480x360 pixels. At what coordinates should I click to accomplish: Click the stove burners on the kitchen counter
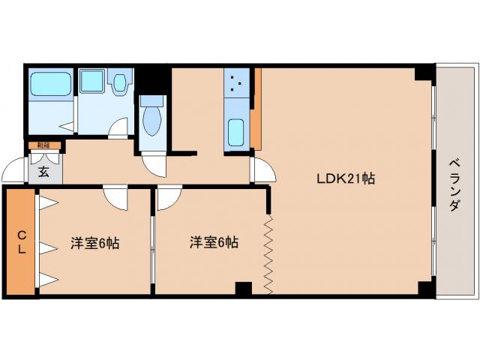(238, 82)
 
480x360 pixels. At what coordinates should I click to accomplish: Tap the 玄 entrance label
(43, 172)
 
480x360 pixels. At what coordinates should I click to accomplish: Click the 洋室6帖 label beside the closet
(95, 243)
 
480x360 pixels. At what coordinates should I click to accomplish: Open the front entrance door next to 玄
(14, 172)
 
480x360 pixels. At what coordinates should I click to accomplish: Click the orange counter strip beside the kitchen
(256, 109)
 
